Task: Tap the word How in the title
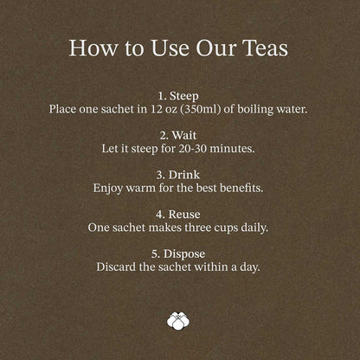pyautogui.click(x=93, y=48)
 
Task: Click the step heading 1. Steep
pyautogui.click(x=178, y=96)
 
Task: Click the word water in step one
pyautogui.click(x=292, y=109)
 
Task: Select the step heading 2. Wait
pyautogui.click(x=178, y=135)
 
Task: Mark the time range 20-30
pyautogui.click(x=192, y=149)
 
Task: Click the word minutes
pyautogui.click(x=232, y=149)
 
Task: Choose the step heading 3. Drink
pyautogui.click(x=178, y=175)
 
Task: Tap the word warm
pyautogui.click(x=140, y=189)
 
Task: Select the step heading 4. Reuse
pyautogui.click(x=178, y=215)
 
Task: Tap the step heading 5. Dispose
pyautogui.click(x=178, y=254)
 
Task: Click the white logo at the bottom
pyautogui.click(x=178, y=320)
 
